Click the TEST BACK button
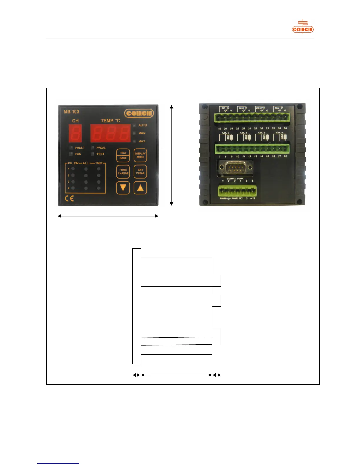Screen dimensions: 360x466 [123, 155]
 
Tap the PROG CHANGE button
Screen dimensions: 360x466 [123, 172]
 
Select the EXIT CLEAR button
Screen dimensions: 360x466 [140, 172]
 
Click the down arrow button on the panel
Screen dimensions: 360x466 [123, 188]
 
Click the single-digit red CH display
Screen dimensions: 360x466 [75, 133]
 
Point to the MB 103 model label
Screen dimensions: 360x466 [71, 112]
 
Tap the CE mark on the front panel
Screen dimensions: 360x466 [69, 199]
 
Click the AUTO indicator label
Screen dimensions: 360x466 [143, 125]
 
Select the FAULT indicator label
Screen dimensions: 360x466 [80, 148]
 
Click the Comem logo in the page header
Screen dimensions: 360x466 [303, 29]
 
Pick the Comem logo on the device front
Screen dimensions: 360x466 [139, 113]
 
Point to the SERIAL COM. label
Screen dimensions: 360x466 [235, 179]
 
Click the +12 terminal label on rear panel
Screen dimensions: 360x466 [253, 199]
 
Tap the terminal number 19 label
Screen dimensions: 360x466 [219, 129]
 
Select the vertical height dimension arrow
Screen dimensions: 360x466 [171, 155]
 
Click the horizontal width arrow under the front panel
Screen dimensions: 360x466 [108, 216]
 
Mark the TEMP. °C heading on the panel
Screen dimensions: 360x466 [110, 121]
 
